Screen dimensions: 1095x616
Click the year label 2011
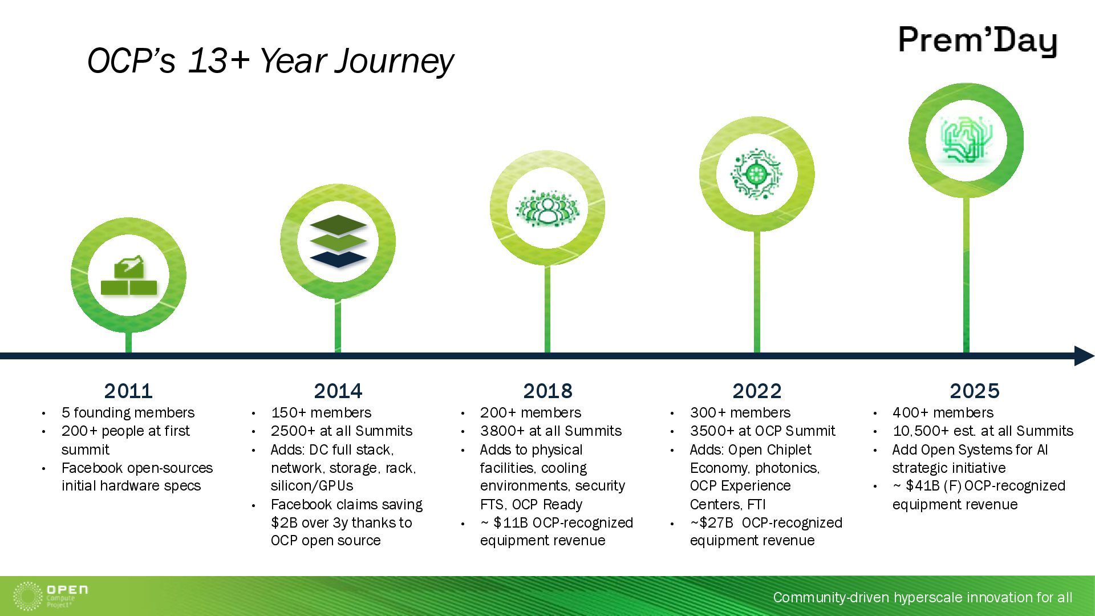pyautogui.click(x=128, y=391)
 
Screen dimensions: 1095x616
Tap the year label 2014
pyautogui.click(x=338, y=391)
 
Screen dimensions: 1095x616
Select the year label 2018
pyautogui.click(x=547, y=391)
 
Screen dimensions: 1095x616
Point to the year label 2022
pyautogui.click(x=757, y=391)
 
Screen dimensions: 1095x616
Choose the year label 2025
pyautogui.click(x=975, y=391)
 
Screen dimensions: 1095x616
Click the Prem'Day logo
pyautogui.click(x=978, y=41)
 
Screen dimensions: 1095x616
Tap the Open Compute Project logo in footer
pyautogui.click(x=50, y=596)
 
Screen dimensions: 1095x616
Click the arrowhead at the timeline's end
pyautogui.click(x=1084, y=356)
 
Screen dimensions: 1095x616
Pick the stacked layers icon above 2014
pyautogui.click(x=338, y=241)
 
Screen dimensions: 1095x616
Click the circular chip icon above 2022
pyautogui.click(x=756, y=175)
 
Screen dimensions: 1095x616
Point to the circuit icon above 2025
pyautogui.click(x=966, y=140)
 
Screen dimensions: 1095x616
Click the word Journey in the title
pyautogui.click(x=394, y=61)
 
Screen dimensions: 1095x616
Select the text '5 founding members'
pyautogui.click(x=128, y=412)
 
